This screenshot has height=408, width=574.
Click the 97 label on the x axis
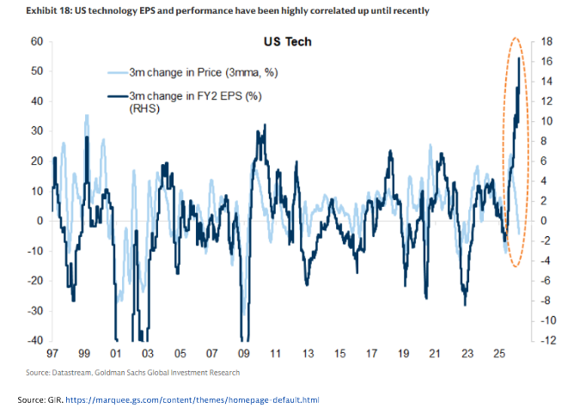click(52, 354)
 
